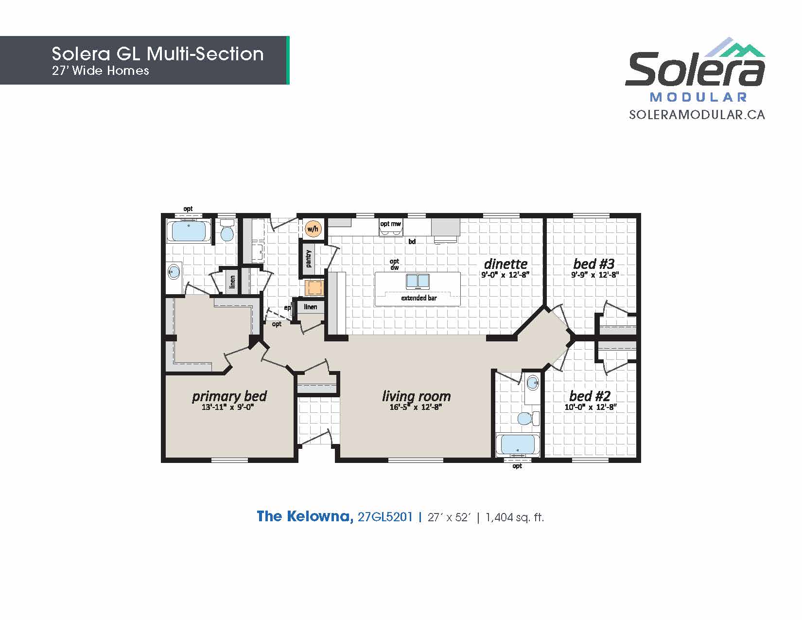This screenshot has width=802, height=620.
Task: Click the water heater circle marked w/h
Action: click(x=313, y=229)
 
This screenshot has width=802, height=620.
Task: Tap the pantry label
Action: click(x=309, y=259)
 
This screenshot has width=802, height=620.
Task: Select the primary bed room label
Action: click(x=229, y=396)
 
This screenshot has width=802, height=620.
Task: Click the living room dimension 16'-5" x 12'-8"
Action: click(x=416, y=407)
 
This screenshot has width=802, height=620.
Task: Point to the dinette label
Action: click(x=506, y=264)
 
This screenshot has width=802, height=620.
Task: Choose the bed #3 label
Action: click(x=594, y=264)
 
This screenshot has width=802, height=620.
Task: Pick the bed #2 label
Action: click(x=590, y=396)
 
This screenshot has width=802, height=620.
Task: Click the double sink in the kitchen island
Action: click(x=418, y=282)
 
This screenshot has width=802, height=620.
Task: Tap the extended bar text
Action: click(x=419, y=298)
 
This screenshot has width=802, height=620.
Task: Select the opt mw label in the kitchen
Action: click(x=390, y=224)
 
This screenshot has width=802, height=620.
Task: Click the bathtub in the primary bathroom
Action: click(x=189, y=231)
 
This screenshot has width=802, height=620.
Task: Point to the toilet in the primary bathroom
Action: click(x=227, y=230)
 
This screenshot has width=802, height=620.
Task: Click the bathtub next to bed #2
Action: click(x=518, y=445)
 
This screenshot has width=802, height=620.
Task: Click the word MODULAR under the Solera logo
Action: click(x=698, y=97)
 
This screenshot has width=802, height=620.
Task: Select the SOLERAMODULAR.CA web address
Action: click(x=697, y=115)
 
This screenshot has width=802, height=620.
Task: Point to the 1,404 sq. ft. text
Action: click(x=514, y=517)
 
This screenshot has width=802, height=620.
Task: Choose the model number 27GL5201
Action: click(x=385, y=517)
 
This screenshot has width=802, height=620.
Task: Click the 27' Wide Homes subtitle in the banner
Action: click(x=101, y=71)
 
